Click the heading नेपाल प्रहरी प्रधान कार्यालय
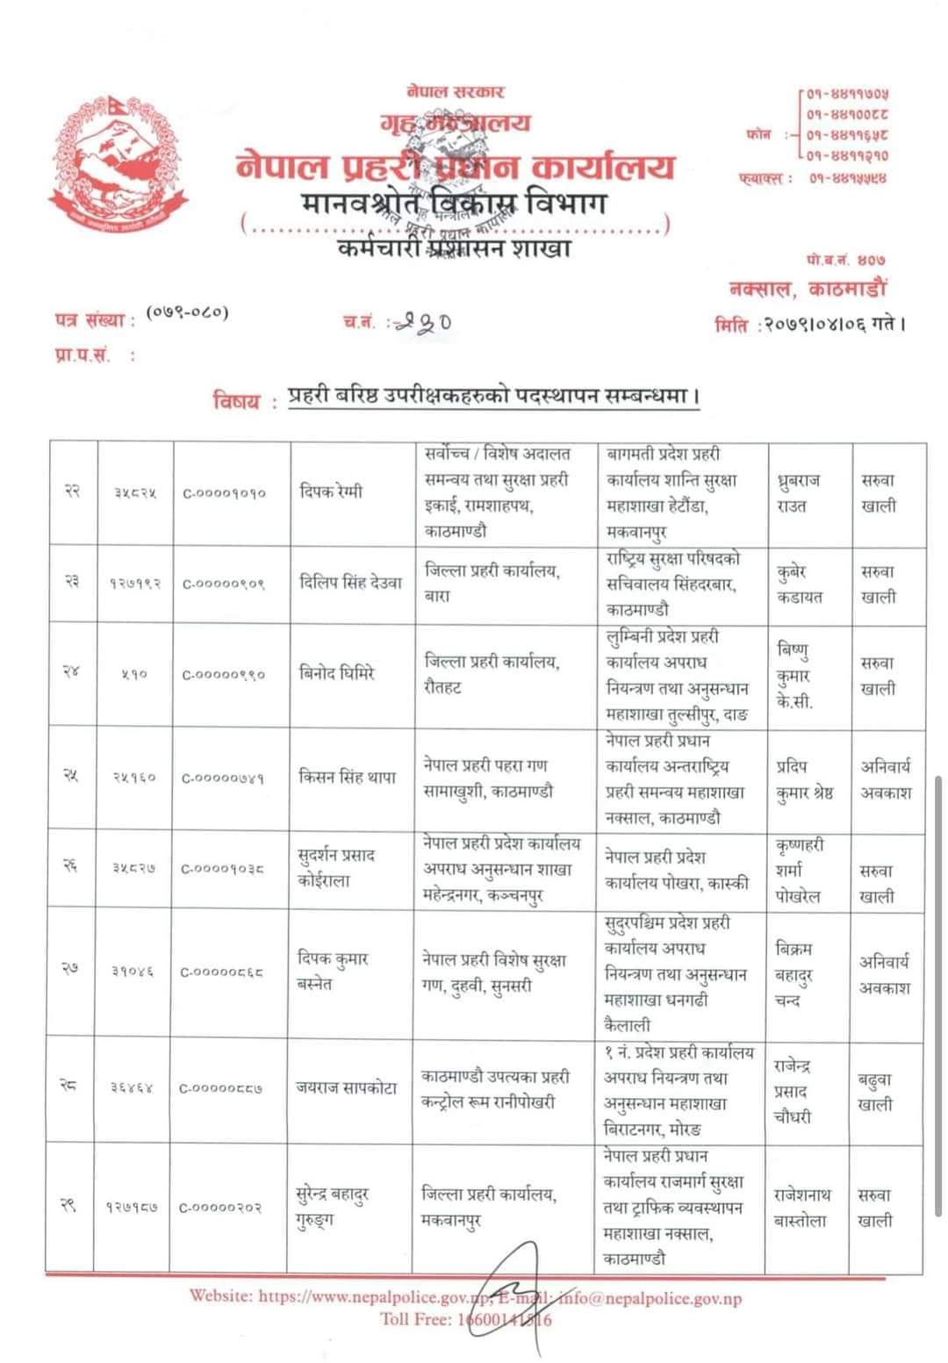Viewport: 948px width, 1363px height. point(456,166)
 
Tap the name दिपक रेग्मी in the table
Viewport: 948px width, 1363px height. point(329,492)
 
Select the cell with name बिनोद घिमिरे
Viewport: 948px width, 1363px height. point(337,674)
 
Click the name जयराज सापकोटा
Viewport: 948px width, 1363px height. point(346,1088)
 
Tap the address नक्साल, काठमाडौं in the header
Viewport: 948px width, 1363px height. point(808,288)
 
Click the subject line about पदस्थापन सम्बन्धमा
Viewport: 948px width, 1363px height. point(494,397)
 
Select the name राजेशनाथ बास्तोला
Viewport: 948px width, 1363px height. point(800,1208)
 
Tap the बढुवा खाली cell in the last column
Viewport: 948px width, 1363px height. point(875,1092)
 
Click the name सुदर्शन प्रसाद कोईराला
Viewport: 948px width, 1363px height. point(337,868)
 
